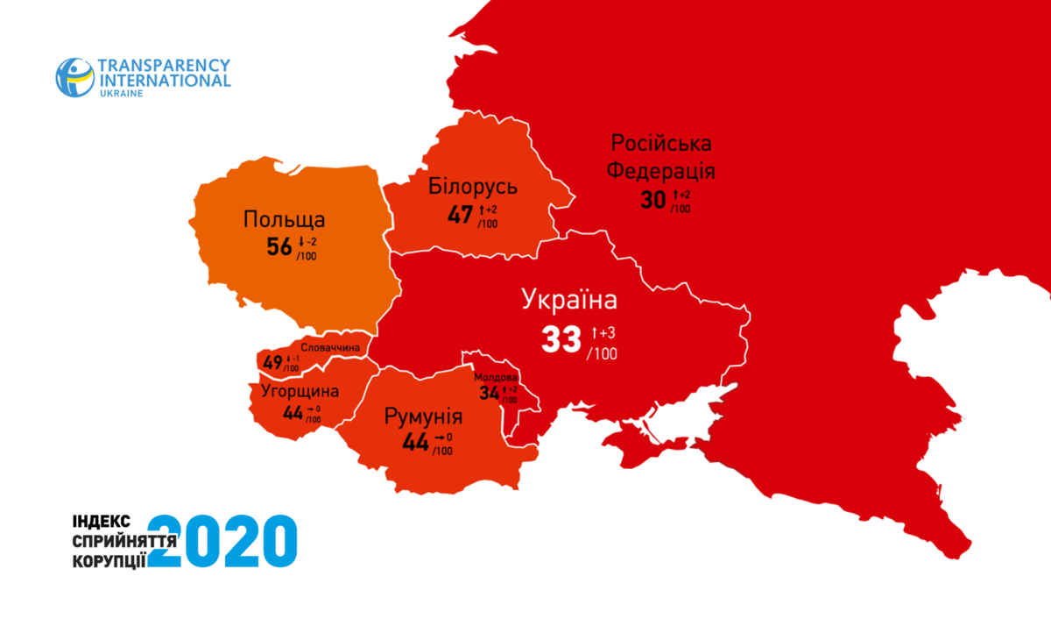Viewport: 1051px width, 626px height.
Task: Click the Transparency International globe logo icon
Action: pos(74,77)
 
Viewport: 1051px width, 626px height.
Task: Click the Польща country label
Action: pos(285,219)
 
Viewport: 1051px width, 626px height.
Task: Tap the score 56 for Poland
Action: pos(279,248)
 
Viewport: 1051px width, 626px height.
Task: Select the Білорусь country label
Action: pos(474,186)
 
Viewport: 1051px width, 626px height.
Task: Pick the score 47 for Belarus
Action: pos(460,215)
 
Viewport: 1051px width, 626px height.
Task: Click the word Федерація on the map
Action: pos(661,170)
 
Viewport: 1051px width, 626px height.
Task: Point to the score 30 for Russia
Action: pos(652,200)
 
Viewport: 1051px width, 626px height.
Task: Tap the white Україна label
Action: pos(570,300)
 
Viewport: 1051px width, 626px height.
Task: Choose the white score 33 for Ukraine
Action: pos(561,339)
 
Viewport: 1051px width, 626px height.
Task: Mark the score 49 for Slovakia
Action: pos(272,362)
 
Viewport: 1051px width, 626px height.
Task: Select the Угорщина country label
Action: pos(300,391)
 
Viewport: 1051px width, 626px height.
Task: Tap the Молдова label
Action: pos(496,378)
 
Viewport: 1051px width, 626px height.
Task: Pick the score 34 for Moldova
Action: pos(488,394)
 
